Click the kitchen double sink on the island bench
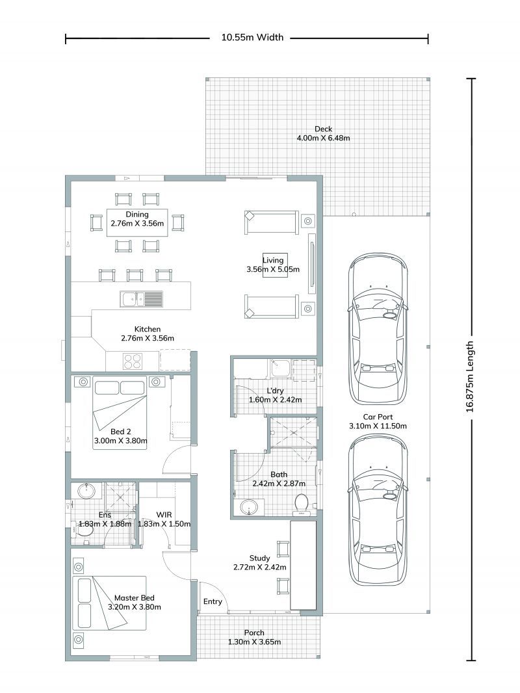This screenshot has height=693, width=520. [x=141, y=299]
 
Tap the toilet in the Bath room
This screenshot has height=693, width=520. [x=302, y=504]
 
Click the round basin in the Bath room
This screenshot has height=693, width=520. [x=248, y=507]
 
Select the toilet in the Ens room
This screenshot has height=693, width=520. [x=84, y=530]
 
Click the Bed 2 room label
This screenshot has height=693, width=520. [x=120, y=432]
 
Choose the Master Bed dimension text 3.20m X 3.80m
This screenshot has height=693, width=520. [x=135, y=607]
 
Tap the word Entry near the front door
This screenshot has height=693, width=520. [x=213, y=601]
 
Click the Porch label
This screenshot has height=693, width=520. [x=254, y=633]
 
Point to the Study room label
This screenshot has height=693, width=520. [x=259, y=558]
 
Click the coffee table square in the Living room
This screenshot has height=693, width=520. [x=274, y=265]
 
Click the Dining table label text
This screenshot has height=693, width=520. [x=137, y=214]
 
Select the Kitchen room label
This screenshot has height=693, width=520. [x=147, y=329]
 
